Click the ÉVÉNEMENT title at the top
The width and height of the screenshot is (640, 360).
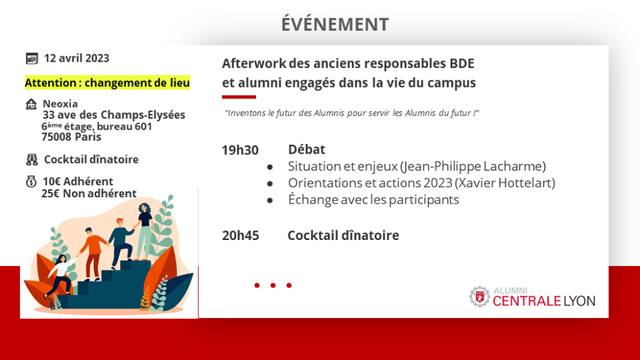[335, 24]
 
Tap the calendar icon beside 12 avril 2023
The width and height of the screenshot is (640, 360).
[32, 58]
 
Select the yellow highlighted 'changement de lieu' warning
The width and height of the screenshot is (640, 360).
[107, 82]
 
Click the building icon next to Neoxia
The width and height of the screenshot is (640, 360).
[31, 104]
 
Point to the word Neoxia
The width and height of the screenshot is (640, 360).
[60, 104]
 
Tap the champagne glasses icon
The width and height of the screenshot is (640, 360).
[32, 159]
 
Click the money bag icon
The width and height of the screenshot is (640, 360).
[31, 181]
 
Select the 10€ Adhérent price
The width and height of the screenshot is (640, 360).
[78, 181]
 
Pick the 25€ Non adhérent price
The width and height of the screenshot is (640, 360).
[89, 193]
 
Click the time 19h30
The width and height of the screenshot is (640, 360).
[240, 150]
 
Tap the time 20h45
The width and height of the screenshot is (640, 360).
[240, 235]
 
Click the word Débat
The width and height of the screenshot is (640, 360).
[307, 149]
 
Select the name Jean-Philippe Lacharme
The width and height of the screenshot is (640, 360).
[473, 166]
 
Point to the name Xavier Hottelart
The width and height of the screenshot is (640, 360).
[505, 183]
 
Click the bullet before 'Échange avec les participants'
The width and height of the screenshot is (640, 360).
[270, 200]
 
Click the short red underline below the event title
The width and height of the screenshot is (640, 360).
[239, 97]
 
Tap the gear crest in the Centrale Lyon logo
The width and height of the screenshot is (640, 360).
[479, 297]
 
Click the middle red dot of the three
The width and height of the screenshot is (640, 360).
[272, 285]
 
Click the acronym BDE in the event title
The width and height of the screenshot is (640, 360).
[462, 64]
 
